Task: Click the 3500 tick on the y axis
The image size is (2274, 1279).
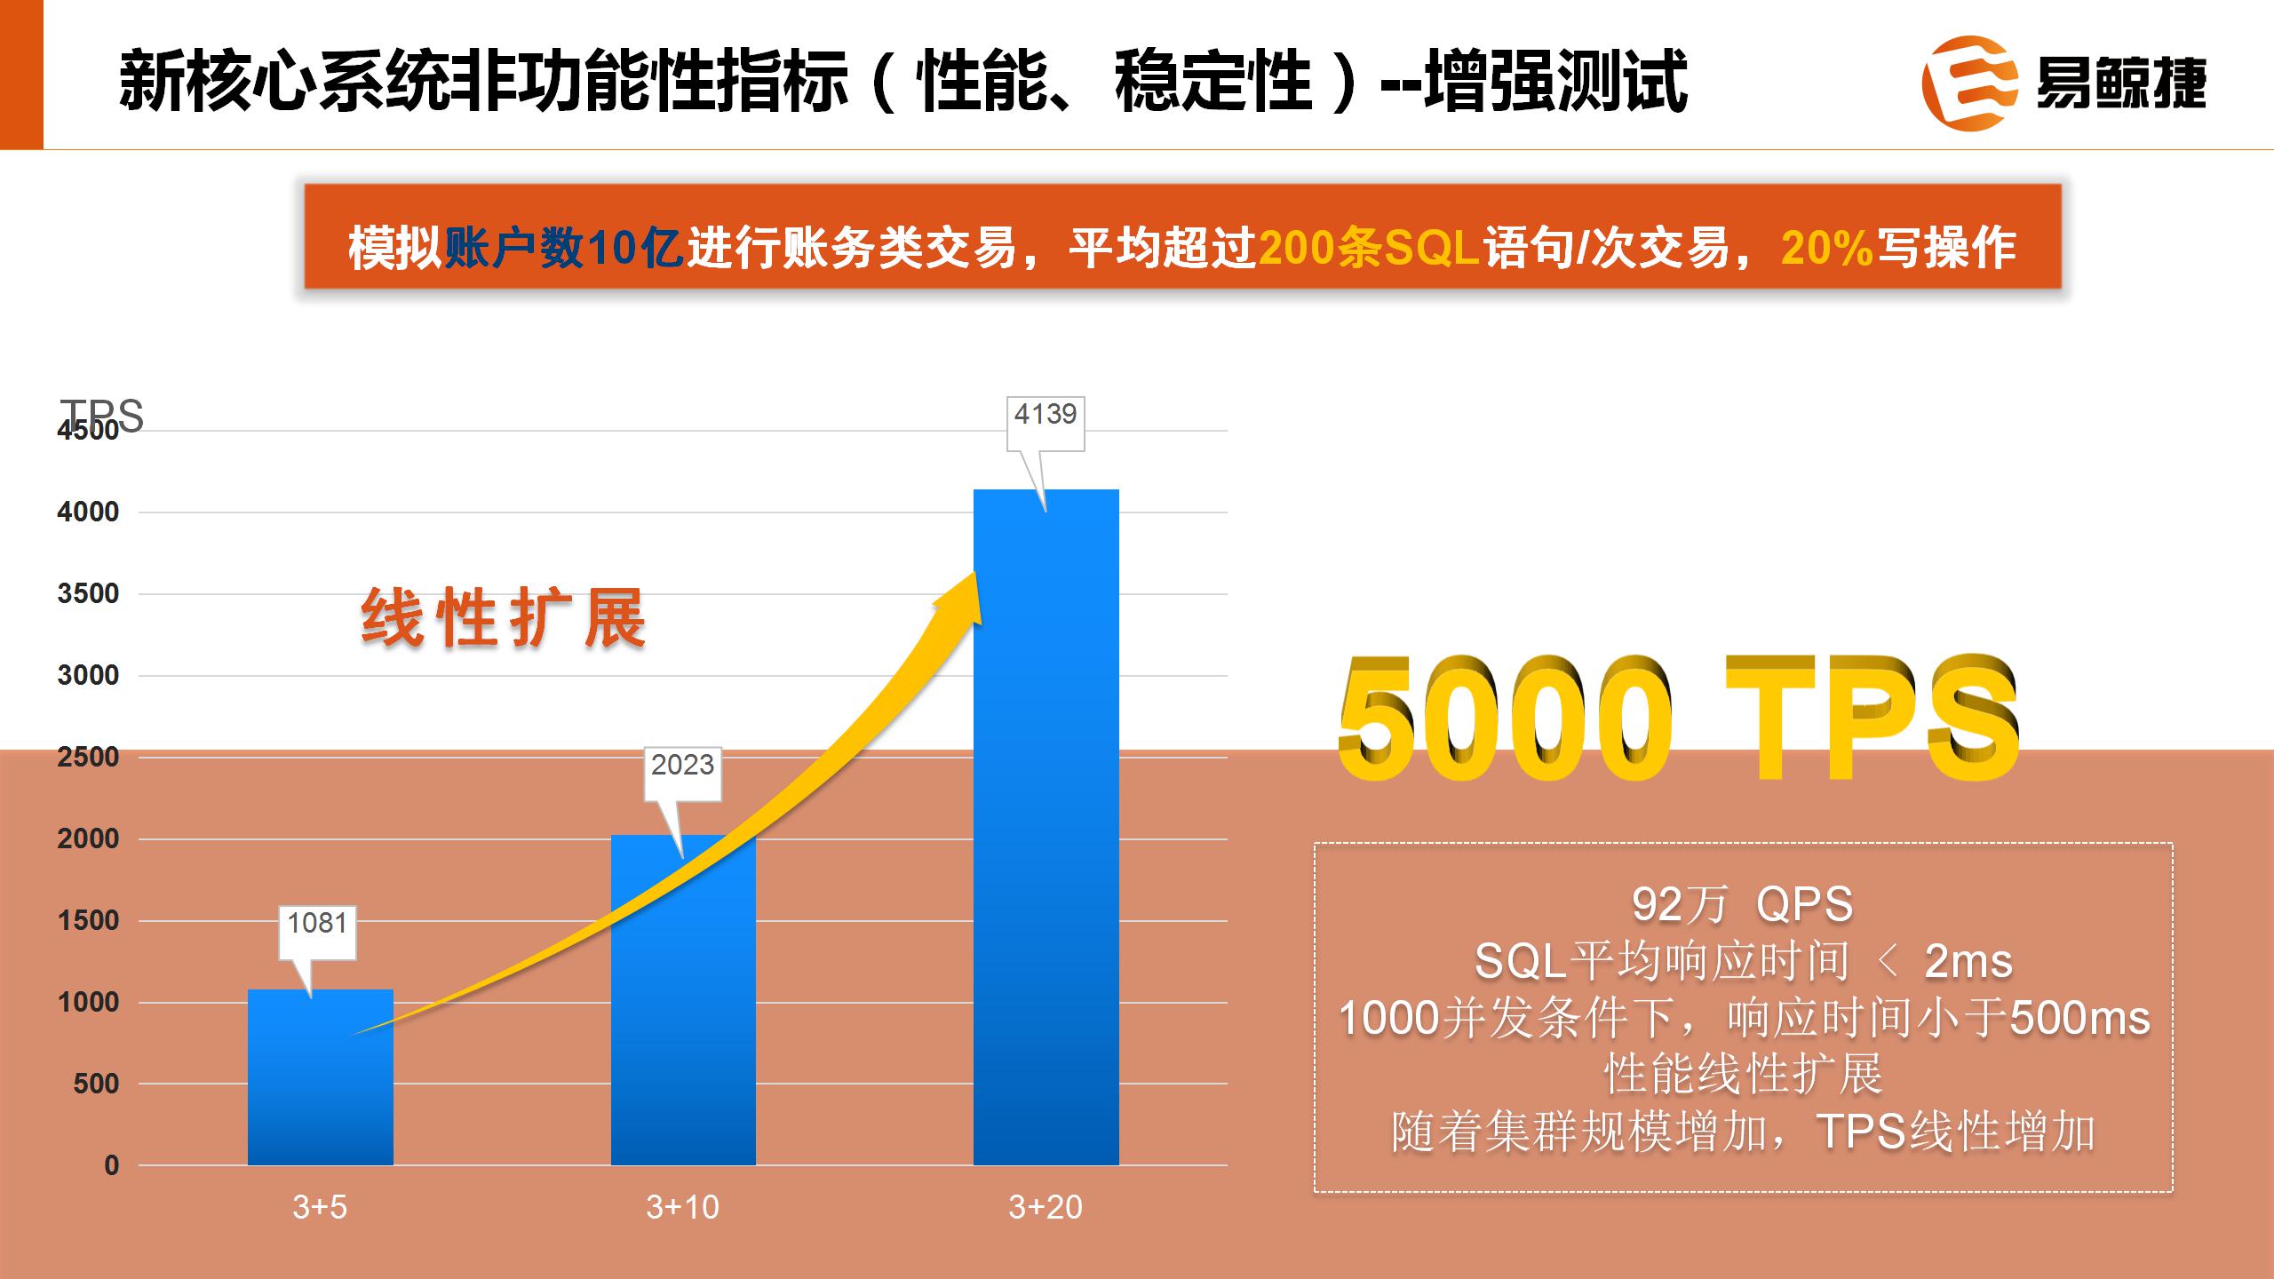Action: tap(88, 594)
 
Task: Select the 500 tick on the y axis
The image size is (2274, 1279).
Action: tap(96, 1084)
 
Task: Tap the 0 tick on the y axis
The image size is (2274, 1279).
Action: tap(111, 1165)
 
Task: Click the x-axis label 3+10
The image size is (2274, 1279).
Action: tap(682, 1207)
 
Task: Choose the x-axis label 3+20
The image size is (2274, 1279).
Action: tap(1046, 1207)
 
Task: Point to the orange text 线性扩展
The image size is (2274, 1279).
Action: tap(503, 619)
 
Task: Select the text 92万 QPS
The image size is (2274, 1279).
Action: tap(1742, 904)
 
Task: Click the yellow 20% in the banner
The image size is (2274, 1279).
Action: tap(1826, 248)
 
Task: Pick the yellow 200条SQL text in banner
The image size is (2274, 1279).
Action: tap(1369, 248)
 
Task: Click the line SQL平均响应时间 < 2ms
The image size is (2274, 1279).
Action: tap(1742, 961)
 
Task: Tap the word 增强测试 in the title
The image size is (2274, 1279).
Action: tap(1554, 82)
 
